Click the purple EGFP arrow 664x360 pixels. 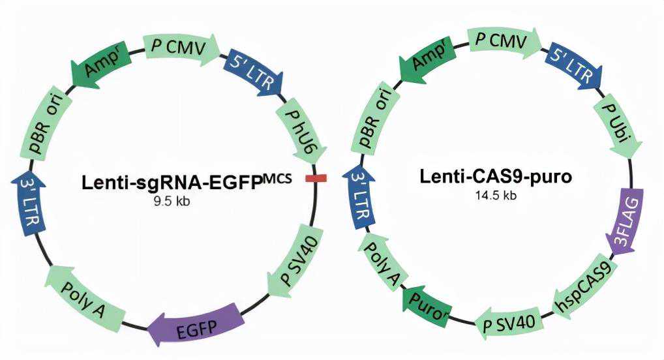[195, 325]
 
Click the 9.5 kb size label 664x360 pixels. [171, 202]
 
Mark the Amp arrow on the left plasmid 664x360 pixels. [102, 64]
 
